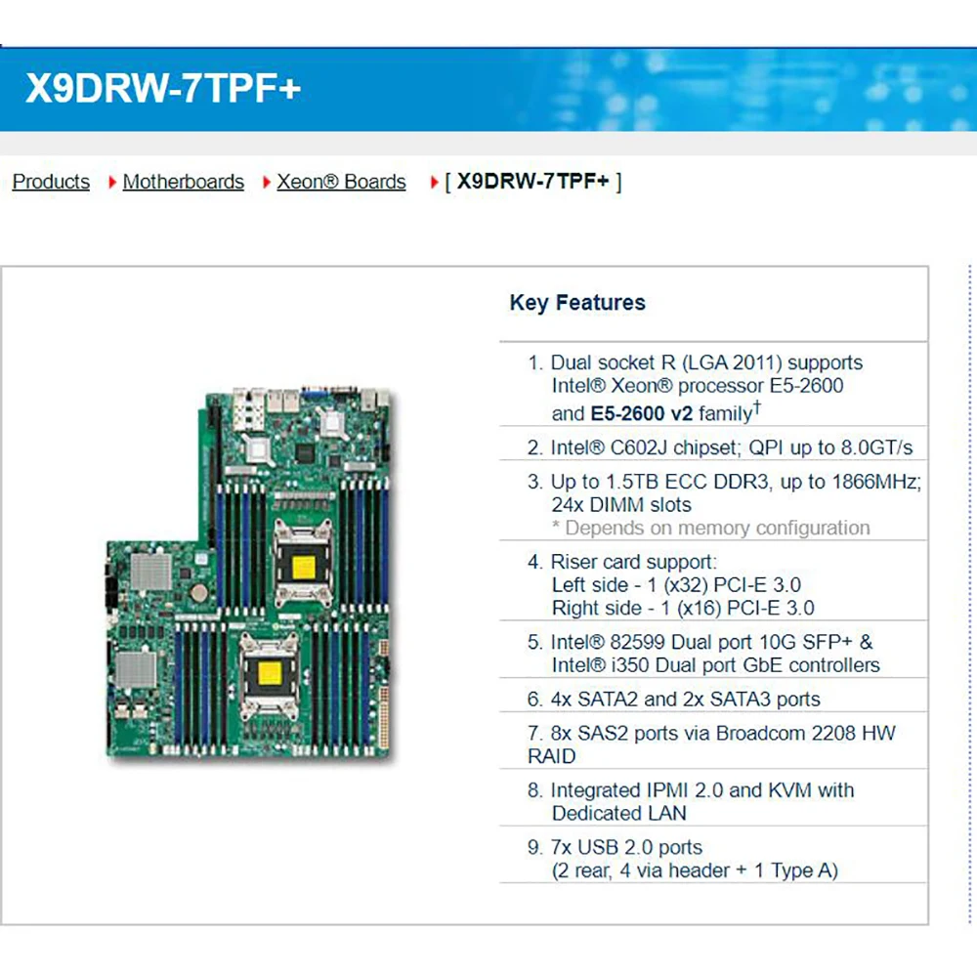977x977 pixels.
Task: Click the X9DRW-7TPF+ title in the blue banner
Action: point(163,89)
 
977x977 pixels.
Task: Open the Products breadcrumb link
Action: point(51,182)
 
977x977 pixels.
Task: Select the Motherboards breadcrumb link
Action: point(184,182)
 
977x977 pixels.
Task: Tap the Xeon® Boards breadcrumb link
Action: point(341,182)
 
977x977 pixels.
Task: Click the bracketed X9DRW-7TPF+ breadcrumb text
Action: point(533,182)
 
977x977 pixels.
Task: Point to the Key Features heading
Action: point(577,303)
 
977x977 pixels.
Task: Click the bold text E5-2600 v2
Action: point(641,413)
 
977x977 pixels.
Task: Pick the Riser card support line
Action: point(633,562)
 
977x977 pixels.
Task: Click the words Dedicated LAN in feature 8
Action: point(618,813)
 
